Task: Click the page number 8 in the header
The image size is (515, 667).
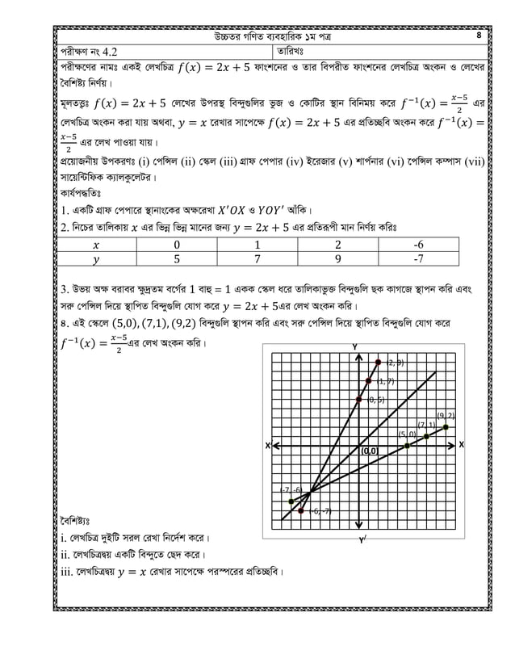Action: [479, 36]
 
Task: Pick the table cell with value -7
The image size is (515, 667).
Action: [418, 260]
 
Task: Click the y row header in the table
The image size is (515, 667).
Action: [96, 260]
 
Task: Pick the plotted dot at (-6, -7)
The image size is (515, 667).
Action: [301, 510]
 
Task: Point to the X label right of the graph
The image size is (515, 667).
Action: [462, 445]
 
